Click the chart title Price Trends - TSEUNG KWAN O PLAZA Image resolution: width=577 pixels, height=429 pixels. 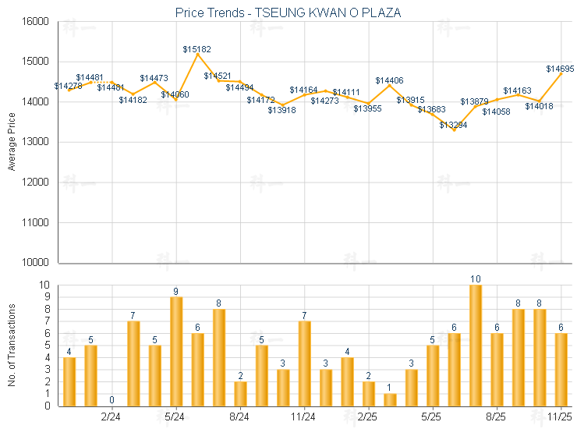288,12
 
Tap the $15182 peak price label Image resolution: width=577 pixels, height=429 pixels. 197,49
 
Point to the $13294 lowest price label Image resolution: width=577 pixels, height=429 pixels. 453,125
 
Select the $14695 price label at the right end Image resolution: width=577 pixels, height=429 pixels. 560,69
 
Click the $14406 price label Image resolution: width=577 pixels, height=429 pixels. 389,80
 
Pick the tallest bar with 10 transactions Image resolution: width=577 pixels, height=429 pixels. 475,346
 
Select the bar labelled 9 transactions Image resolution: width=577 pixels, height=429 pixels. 176,351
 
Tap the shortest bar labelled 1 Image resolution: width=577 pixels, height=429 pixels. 390,399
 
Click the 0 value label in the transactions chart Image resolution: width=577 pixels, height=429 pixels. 112,400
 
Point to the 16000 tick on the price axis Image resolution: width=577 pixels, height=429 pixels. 37,21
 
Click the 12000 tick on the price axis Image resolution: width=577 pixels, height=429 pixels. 37,183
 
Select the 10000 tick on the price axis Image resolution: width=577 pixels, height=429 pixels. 37,263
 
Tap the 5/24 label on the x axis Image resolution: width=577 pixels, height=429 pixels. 175,417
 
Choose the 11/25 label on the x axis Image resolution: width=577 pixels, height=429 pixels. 560,417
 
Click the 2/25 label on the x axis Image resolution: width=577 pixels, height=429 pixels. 368,417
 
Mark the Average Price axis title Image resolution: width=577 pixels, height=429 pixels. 11,142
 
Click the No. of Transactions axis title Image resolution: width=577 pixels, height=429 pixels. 11,346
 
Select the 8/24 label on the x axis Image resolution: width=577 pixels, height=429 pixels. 240,417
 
